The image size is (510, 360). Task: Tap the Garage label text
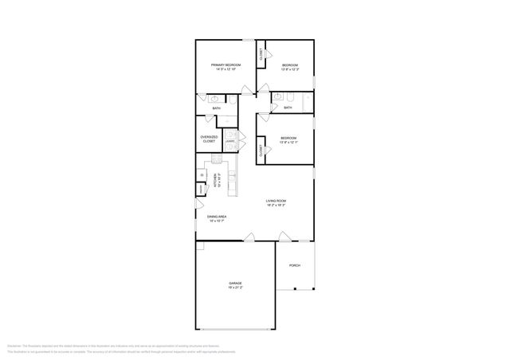[235, 284]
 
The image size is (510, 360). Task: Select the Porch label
[294, 265]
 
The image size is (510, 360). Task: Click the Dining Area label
[217, 217]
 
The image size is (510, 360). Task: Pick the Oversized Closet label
[208, 139]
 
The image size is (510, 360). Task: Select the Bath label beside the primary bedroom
[216, 108]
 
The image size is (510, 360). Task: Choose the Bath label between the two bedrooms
[288, 108]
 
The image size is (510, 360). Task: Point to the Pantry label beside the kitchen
[201, 188]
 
